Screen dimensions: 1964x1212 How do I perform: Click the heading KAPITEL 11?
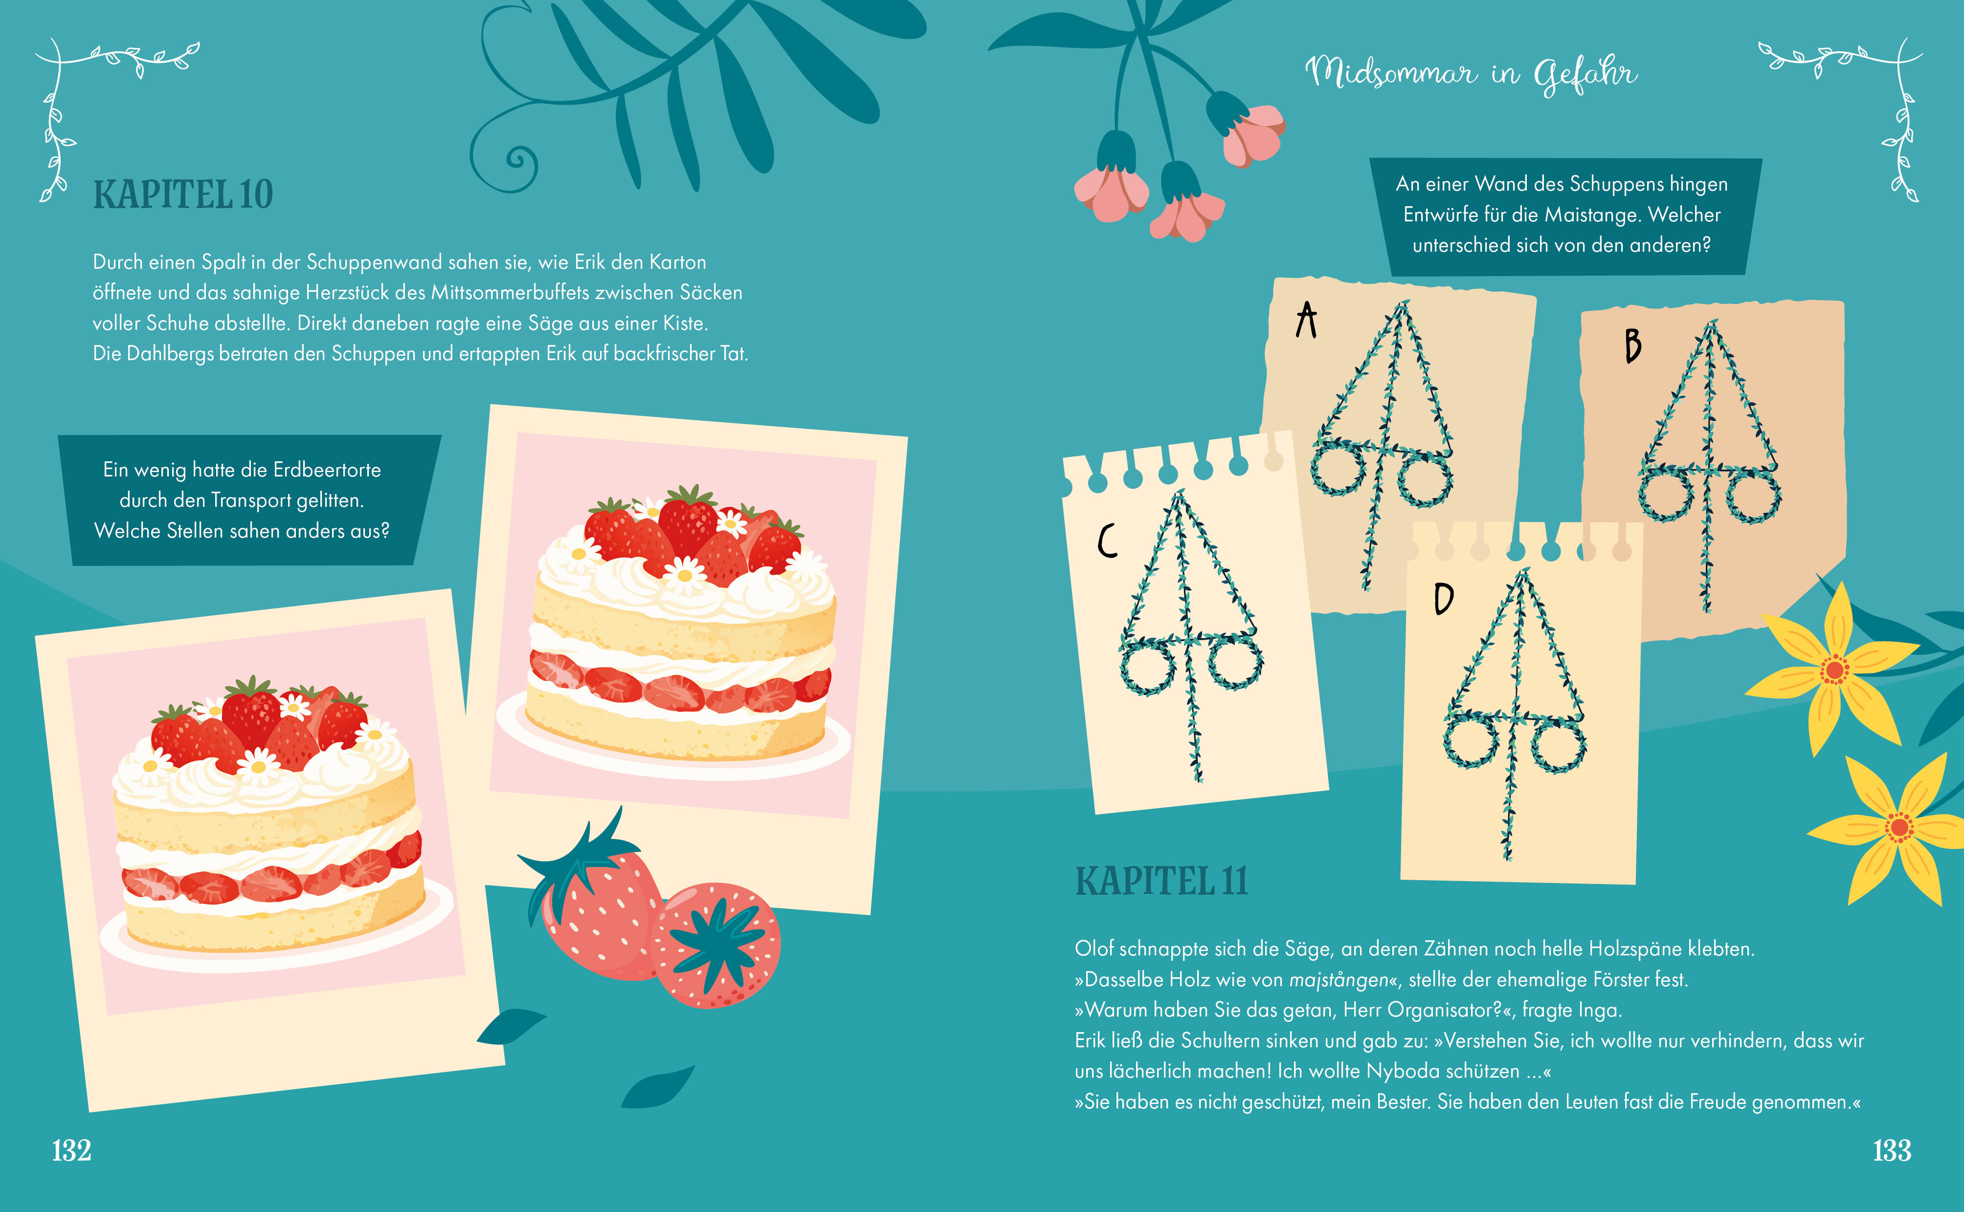(x=1161, y=881)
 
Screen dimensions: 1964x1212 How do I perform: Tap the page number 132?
(x=71, y=1150)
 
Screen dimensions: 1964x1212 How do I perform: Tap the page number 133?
(x=1892, y=1150)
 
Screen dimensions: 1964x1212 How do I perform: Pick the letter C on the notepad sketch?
(x=1108, y=541)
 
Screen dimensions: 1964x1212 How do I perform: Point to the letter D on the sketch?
(x=1444, y=598)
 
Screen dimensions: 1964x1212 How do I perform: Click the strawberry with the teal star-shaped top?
(x=715, y=946)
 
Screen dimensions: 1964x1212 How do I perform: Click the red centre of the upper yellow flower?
(x=1833, y=670)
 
